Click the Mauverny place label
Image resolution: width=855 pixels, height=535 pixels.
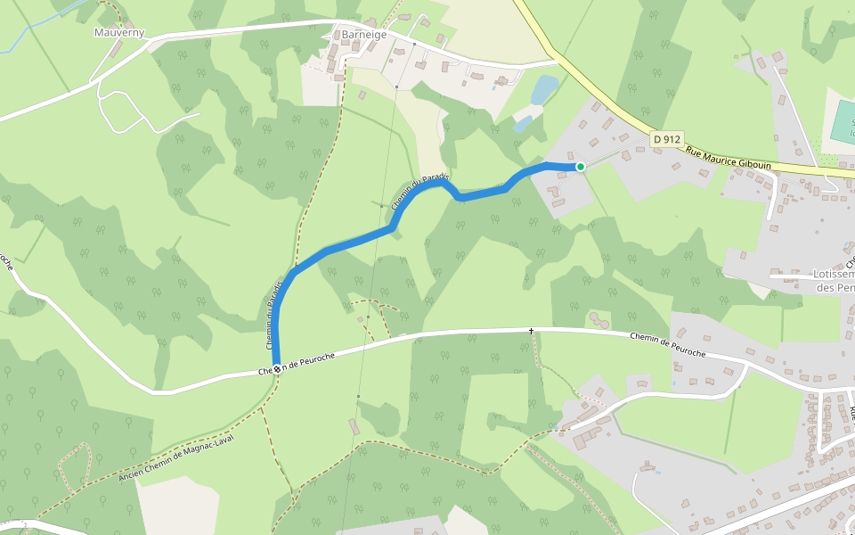[119, 32]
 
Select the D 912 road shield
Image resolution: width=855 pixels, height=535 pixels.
[666, 139]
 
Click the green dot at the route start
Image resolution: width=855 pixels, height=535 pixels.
[580, 167]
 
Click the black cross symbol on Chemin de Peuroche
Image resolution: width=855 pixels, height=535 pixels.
[532, 332]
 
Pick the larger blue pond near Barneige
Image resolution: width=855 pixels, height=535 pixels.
[544, 89]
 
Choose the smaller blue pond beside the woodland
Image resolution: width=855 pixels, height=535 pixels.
[524, 123]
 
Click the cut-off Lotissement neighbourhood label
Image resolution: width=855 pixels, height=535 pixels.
[834, 281]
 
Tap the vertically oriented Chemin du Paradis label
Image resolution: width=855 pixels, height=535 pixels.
[273, 315]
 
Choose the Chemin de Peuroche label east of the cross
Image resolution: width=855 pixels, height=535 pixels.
[667, 345]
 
